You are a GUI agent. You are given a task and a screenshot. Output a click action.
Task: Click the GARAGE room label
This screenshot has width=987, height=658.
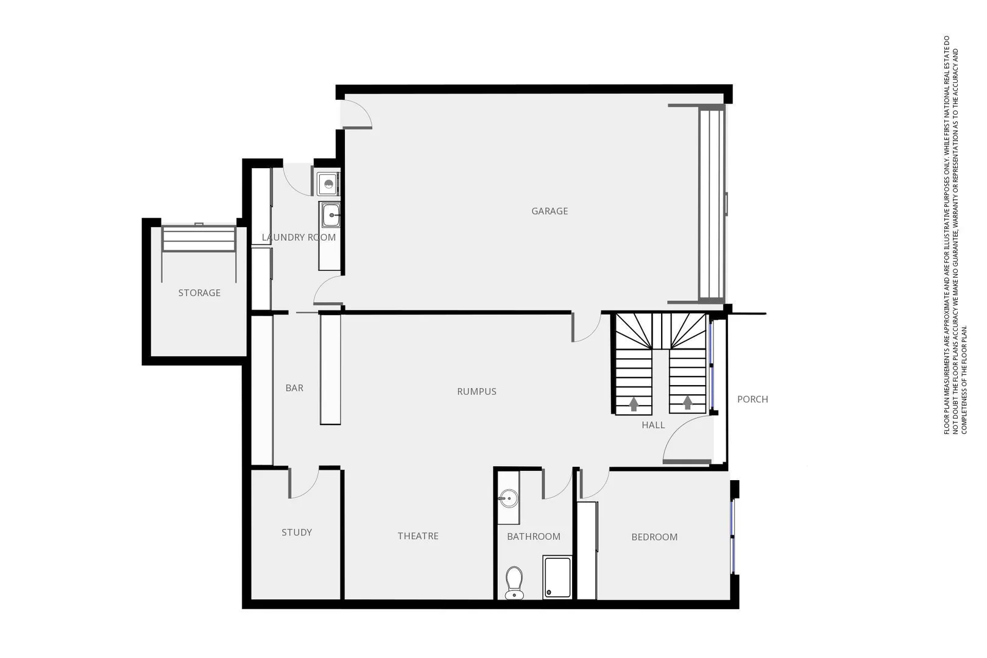[550, 211]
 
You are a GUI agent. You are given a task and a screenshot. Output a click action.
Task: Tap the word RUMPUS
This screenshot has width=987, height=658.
[476, 392]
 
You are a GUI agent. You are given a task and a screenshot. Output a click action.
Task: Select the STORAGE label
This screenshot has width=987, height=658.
[199, 293]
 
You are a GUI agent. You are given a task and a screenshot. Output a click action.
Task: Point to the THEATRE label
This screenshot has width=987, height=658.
[418, 536]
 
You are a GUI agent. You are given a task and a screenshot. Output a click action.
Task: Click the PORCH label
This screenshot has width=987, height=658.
[752, 400]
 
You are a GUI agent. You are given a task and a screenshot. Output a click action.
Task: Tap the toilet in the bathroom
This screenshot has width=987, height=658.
[514, 582]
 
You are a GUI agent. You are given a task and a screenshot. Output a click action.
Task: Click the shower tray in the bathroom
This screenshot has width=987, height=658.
[557, 576]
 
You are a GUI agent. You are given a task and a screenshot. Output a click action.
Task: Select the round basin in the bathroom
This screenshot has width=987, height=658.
[508, 499]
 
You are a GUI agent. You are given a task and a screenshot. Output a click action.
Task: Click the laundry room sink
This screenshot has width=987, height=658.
[331, 214]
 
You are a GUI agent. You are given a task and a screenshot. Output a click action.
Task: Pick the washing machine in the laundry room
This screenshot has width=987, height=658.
[328, 183]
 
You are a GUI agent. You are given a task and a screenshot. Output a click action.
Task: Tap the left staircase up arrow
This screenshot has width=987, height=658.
[634, 403]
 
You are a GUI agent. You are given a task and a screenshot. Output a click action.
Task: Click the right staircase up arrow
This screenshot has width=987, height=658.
[688, 403]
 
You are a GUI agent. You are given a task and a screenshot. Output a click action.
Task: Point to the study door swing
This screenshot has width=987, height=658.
[303, 483]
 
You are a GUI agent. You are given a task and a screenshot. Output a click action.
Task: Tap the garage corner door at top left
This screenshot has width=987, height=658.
[356, 114]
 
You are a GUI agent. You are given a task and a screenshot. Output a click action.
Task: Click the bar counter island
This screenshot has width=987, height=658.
[330, 369]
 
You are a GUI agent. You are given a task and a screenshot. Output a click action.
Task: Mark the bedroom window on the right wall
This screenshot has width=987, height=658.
[734, 536]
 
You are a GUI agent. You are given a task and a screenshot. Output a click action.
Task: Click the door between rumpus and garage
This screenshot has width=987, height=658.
[585, 327]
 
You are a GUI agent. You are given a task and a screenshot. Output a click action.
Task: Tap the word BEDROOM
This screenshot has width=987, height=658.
[654, 537]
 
